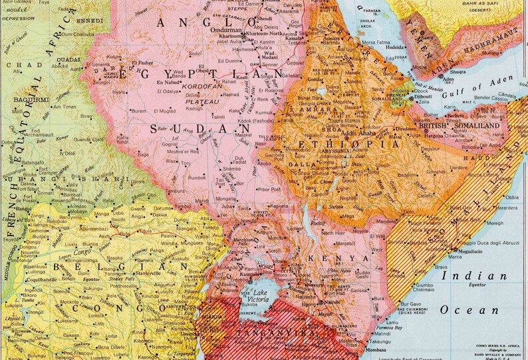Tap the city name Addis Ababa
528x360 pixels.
click(x=358, y=133)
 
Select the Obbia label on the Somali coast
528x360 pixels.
click(x=512, y=198)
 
